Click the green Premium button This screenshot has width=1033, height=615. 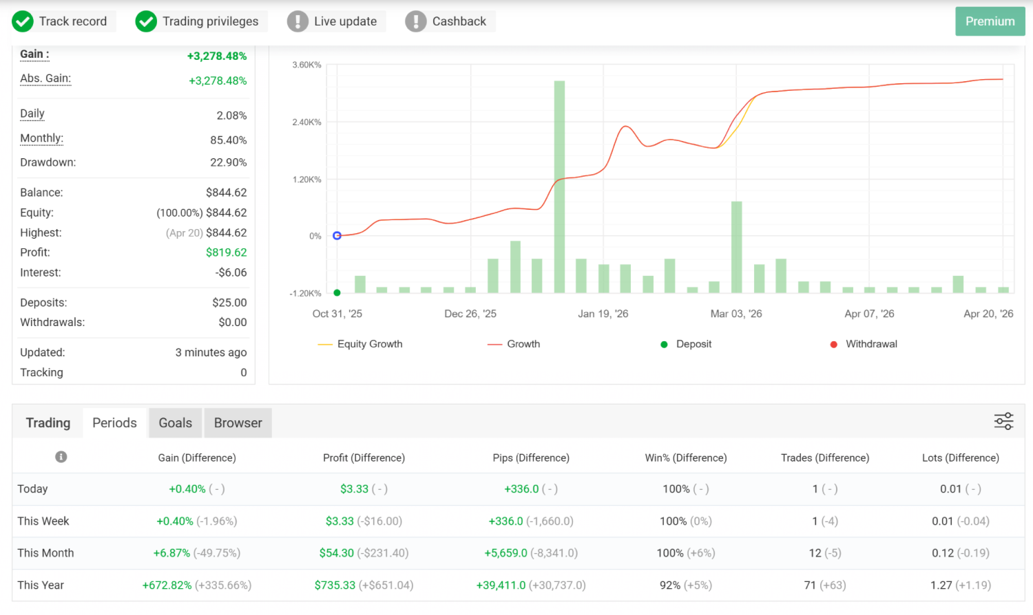coord(990,21)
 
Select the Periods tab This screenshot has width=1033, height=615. coord(114,423)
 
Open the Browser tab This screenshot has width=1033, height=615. coord(238,423)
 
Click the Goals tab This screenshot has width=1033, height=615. coord(175,423)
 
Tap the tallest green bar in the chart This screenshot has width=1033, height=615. coord(559,186)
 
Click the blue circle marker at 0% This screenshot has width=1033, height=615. coord(337,235)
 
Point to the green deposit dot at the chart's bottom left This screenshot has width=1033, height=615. coord(337,293)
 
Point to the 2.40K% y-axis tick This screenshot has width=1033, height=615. coord(306,122)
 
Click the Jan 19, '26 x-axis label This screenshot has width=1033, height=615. coord(603,314)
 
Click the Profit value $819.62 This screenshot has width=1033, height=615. coord(226,252)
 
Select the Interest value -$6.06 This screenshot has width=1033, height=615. coord(231,272)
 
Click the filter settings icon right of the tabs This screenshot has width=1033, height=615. coord(1003,421)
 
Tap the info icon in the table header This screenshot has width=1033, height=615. coord(61,457)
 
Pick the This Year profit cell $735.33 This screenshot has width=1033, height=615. coord(335,585)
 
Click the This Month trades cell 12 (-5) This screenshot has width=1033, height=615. coord(824,553)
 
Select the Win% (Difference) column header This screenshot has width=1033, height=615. coord(685,458)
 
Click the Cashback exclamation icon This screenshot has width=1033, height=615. coord(415,21)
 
